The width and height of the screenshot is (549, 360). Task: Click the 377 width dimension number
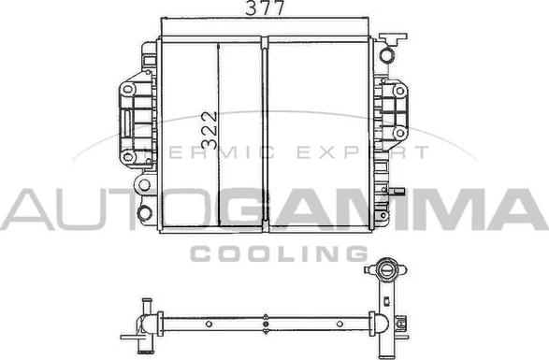pyautogui.click(x=265, y=7)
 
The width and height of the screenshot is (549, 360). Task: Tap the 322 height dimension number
pyautogui.click(x=209, y=131)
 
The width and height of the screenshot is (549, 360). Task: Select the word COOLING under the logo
pyautogui.click(x=279, y=253)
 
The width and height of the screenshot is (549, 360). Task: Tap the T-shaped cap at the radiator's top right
pyautogui.click(x=393, y=38)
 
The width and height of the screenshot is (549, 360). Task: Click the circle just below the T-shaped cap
pyautogui.click(x=387, y=55)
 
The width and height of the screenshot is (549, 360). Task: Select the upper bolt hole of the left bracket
pyautogui.click(x=128, y=89)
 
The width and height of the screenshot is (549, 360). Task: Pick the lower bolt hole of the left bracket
pyautogui.click(x=128, y=156)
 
